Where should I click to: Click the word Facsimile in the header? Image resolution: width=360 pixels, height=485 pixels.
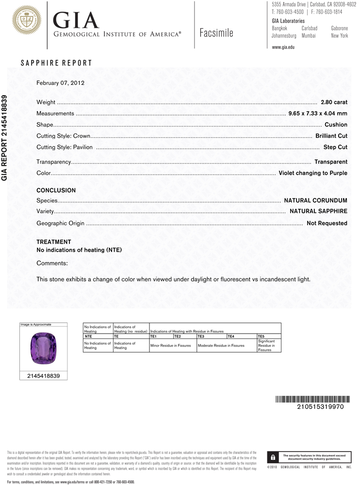coord(216,33)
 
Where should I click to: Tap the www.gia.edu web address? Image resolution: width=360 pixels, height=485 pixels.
coord(283,47)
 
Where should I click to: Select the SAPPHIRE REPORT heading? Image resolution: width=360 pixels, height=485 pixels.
coord(56,63)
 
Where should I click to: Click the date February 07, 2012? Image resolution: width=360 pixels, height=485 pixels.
coord(61,83)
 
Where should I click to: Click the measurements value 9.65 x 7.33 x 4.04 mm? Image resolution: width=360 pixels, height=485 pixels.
coord(318,114)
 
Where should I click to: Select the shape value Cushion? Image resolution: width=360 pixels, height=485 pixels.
coord(336,125)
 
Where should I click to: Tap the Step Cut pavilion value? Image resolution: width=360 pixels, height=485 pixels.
coord(335,147)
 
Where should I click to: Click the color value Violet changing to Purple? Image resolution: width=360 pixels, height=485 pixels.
coord(313,173)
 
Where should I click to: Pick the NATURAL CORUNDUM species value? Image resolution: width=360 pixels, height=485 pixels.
coord(315,200)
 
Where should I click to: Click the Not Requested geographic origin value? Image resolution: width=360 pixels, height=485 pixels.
coord(327,224)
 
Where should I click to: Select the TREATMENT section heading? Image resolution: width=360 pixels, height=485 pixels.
coord(54,242)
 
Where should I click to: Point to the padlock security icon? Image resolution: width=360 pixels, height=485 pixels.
coord(273,457)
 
